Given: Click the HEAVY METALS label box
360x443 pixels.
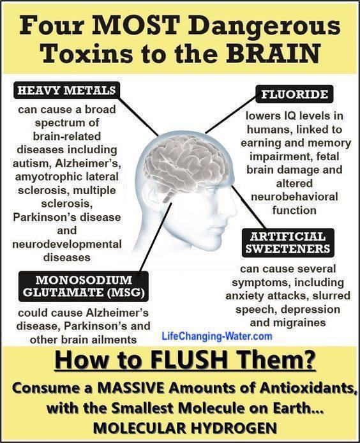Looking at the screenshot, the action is tap(66, 90).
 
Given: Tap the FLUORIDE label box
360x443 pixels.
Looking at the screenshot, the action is tap(294, 94).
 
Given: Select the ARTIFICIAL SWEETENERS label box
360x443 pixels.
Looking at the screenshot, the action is tap(288, 243).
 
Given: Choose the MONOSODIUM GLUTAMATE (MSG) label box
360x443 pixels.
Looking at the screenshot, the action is tap(84, 286).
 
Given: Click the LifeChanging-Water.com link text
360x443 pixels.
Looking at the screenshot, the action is tap(217, 336).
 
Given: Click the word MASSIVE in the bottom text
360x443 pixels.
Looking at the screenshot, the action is tap(133, 388).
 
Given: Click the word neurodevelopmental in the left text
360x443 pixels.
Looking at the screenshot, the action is tap(67, 244).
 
